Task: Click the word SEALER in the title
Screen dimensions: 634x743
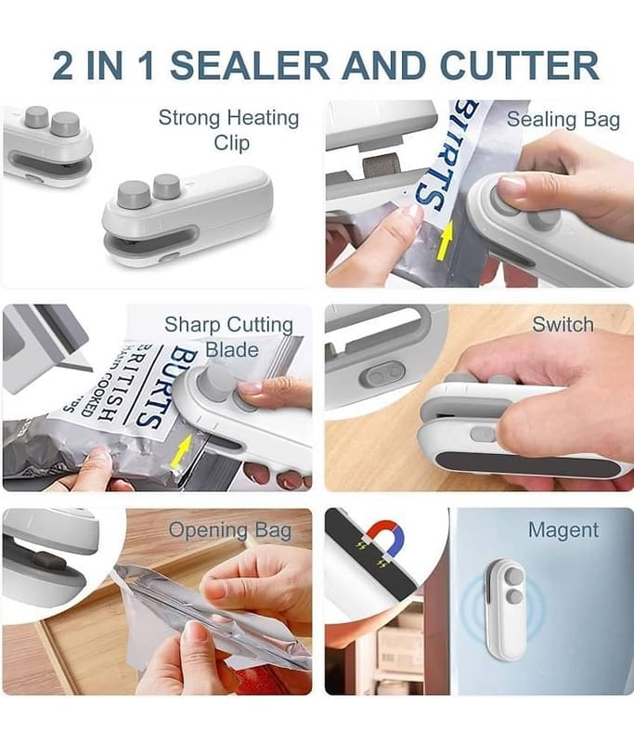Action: pyautogui.click(x=250, y=64)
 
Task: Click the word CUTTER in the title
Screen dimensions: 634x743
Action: pyautogui.click(x=520, y=64)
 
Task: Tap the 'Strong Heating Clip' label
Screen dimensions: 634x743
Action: pyautogui.click(x=229, y=130)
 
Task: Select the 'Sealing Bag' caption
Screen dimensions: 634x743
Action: pyautogui.click(x=563, y=120)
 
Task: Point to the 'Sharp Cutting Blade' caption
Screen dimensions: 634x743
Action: pyautogui.click(x=229, y=337)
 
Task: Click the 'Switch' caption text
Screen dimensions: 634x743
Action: pyautogui.click(x=563, y=324)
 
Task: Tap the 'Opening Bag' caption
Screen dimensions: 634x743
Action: pyautogui.click(x=230, y=530)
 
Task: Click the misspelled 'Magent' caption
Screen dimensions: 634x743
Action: pyautogui.click(x=563, y=530)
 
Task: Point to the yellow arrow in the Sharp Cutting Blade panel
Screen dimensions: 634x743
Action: pyautogui.click(x=183, y=451)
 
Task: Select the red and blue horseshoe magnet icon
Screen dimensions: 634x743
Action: pyautogui.click(x=385, y=538)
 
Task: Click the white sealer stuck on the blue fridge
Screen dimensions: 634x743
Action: pyautogui.click(x=504, y=610)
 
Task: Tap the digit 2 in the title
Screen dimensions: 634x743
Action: pyautogui.click(x=63, y=64)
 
